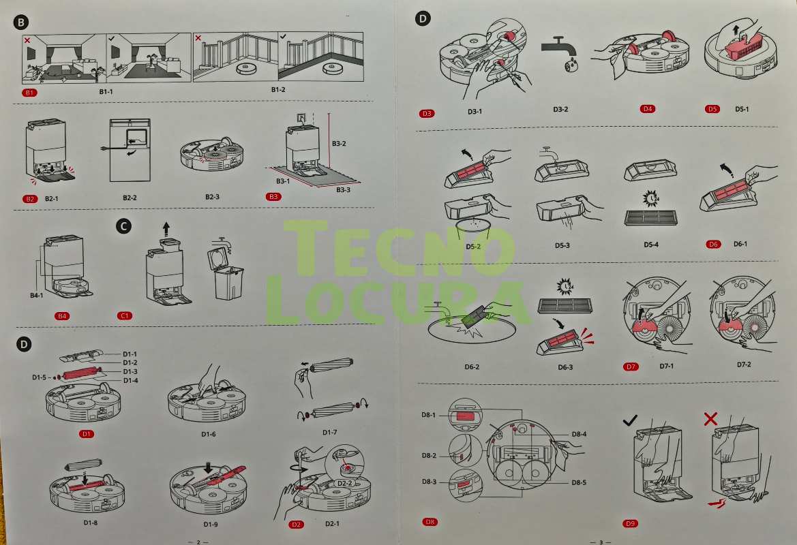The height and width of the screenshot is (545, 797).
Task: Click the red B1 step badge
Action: coord(29,93)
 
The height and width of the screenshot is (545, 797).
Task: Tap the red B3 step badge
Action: coord(273,197)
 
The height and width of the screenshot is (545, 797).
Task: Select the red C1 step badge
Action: coord(125,315)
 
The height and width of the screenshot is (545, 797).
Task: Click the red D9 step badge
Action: coord(630,523)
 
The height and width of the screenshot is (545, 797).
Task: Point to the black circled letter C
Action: coord(123,226)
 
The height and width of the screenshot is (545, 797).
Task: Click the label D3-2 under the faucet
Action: coord(560,109)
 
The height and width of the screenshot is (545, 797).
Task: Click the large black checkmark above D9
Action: coord(630,420)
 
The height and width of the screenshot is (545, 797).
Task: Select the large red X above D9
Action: coord(710,419)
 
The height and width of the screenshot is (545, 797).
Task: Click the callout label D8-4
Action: coord(579,434)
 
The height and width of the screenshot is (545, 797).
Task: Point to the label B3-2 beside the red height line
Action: coord(339,144)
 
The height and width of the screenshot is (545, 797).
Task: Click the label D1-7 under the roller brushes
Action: coord(329,432)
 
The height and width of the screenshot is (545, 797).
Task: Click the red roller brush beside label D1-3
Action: coord(81,373)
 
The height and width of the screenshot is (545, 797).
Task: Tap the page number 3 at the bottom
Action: coord(601,542)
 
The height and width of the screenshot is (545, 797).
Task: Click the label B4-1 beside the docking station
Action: coord(37,295)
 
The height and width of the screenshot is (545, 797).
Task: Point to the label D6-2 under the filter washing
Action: coord(472,367)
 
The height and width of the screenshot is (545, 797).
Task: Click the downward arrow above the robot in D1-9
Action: coord(208,468)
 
